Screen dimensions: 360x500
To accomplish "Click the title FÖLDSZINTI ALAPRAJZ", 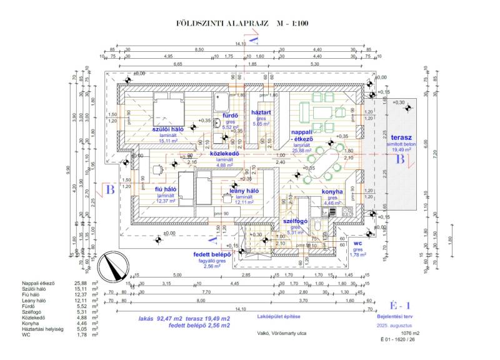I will point(223,24).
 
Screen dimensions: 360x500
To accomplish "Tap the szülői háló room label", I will point(168,129).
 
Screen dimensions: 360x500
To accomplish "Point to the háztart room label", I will point(260,112).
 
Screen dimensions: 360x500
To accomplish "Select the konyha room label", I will point(332,192).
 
